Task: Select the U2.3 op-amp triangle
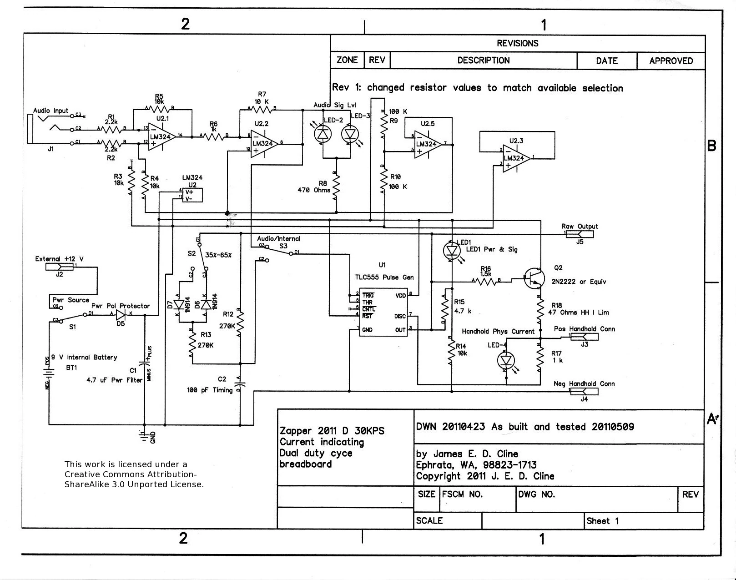(515, 158)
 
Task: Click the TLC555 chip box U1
(384, 313)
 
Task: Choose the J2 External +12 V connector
(60, 267)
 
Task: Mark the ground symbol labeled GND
(145, 437)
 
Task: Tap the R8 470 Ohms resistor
(336, 187)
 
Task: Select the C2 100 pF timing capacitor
(240, 382)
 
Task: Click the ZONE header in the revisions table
(347, 60)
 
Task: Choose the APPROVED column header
(671, 61)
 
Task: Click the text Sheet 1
(602, 521)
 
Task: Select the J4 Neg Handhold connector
(584, 392)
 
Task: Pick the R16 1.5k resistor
(486, 281)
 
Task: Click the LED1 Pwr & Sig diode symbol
(451, 250)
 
